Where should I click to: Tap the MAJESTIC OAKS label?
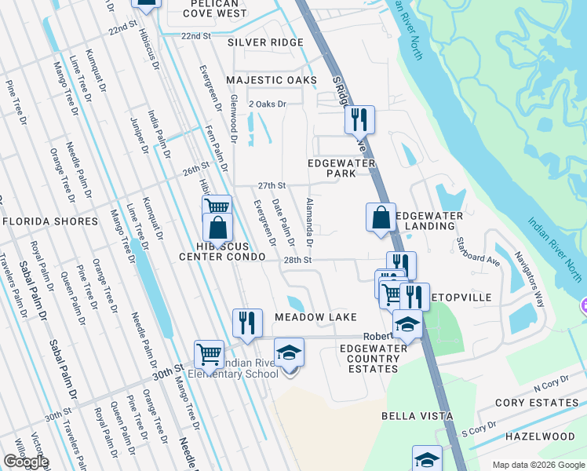272,80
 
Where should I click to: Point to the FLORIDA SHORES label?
50,221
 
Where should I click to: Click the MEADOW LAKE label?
315,316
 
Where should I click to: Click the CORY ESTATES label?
541,403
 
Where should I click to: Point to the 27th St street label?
271,185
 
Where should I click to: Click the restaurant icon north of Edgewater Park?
359,120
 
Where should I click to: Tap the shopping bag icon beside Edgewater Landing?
381,217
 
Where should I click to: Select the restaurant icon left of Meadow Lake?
246,322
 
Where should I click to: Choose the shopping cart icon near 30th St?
210,353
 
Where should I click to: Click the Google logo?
26,462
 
